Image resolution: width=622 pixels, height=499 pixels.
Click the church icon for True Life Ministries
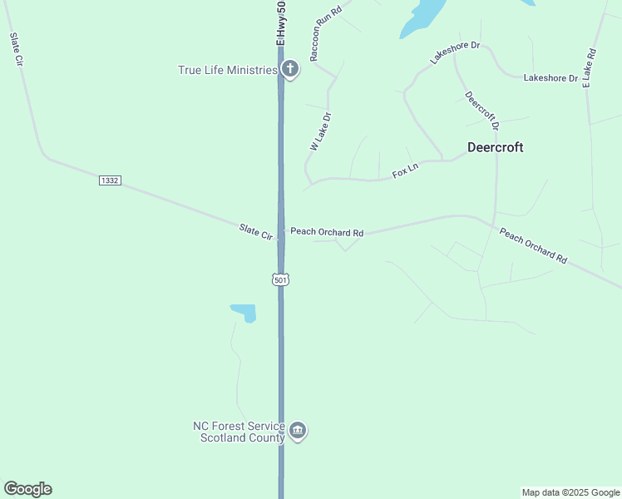(x=289, y=69)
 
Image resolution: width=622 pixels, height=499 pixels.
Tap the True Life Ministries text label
(x=227, y=70)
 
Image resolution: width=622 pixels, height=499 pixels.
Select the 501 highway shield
(x=280, y=280)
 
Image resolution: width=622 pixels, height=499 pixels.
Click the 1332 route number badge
(x=110, y=180)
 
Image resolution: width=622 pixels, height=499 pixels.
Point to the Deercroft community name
(x=495, y=147)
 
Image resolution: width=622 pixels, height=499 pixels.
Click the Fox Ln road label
(x=405, y=171)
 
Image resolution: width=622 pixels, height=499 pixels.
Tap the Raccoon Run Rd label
(x=325, y=35)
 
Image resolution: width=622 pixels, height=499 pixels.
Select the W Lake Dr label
(x=320, y=131)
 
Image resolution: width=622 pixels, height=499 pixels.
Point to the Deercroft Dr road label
(x=481, y=111)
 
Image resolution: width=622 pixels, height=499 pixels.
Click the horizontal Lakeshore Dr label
(x=550, y=78)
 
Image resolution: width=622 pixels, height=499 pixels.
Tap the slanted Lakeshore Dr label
(x=455, y=52)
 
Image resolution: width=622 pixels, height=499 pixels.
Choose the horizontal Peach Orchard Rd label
(x=327, y=232)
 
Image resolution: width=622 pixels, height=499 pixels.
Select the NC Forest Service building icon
(x=298, y=431)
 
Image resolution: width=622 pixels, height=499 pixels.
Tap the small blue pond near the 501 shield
(x=244, y=313)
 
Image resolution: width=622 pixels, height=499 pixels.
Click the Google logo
(x=27, y=489)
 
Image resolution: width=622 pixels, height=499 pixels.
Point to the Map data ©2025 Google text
(x=570, y=492)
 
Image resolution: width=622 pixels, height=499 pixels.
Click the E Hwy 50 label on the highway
(x=281, y=23)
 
